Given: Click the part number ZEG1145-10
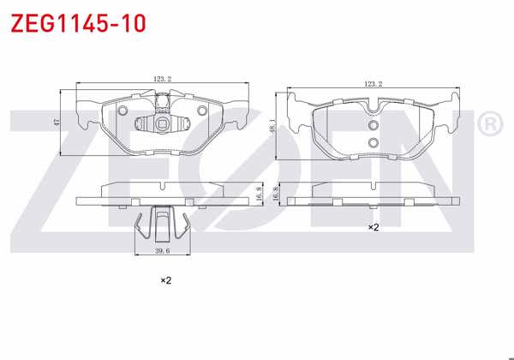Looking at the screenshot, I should [x=77, y=23].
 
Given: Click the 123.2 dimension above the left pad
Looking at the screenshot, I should [x=163, y=80].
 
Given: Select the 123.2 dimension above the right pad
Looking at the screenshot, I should [x=373, y=84].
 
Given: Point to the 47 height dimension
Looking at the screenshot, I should [x=57, y=123].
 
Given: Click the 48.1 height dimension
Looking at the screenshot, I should [x=272, y=124].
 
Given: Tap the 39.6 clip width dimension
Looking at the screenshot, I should [x=161, y=251].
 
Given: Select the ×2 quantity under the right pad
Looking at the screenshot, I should [x=374, y=227].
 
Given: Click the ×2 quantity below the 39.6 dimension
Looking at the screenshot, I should [x=166, y=280].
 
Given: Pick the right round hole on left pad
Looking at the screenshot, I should [x=202, y=111].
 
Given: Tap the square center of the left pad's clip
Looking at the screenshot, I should [x=162, y=122].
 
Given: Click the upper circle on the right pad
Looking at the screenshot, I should [x=373, y=126].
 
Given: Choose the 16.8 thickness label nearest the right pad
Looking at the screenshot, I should [x=275, y=195].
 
